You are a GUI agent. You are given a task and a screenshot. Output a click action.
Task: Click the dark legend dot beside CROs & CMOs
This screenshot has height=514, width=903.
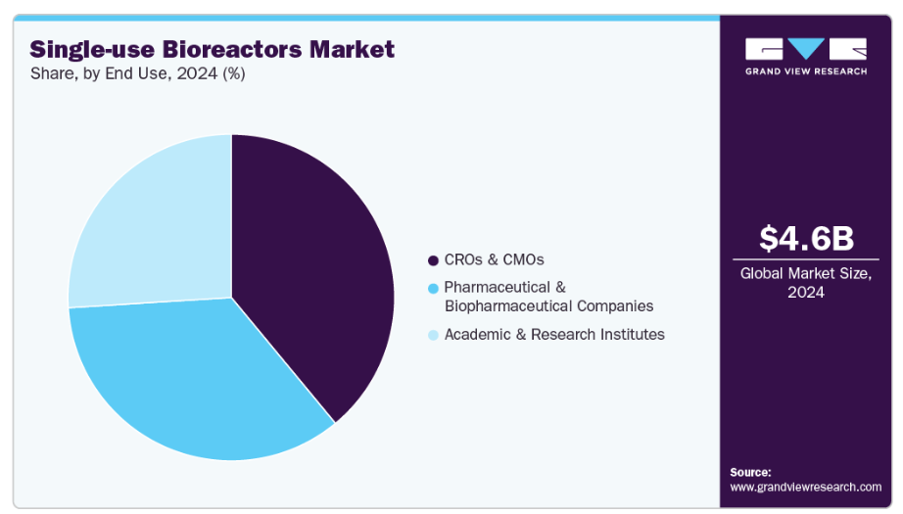pos(433,260)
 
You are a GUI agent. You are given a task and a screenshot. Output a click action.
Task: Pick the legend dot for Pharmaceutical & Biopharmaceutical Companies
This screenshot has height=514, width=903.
pos(433,288)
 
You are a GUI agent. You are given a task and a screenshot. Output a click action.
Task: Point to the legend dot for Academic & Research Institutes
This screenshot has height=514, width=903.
pos(433,335)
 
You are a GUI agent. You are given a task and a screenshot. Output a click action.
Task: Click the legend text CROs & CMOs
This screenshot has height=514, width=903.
pos(494,259)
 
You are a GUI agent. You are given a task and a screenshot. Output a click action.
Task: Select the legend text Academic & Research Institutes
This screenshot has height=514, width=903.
pos(554,335)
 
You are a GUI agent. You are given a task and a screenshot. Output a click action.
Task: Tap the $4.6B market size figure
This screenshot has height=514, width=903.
pos(806,238)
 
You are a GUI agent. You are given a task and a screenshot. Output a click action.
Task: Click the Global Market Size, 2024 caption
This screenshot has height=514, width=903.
pos(806,283)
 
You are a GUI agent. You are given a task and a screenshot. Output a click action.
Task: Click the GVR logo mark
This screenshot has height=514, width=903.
pos(805,48)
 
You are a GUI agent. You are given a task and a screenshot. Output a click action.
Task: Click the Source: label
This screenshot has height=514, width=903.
pos(751,472)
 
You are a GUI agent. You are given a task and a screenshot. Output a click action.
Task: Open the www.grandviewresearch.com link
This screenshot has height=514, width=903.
pos(806,487)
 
